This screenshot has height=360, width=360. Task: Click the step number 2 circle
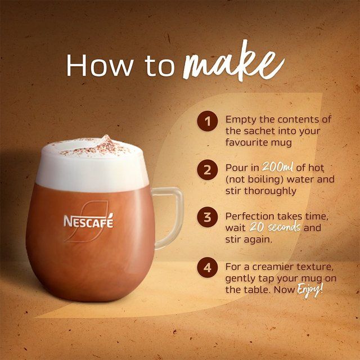[x=208, y=169]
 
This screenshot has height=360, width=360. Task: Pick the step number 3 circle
[x=208, y=218]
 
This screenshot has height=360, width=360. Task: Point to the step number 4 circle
[x=208, y=267]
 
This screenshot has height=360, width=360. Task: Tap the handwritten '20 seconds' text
[x=279, y=228]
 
